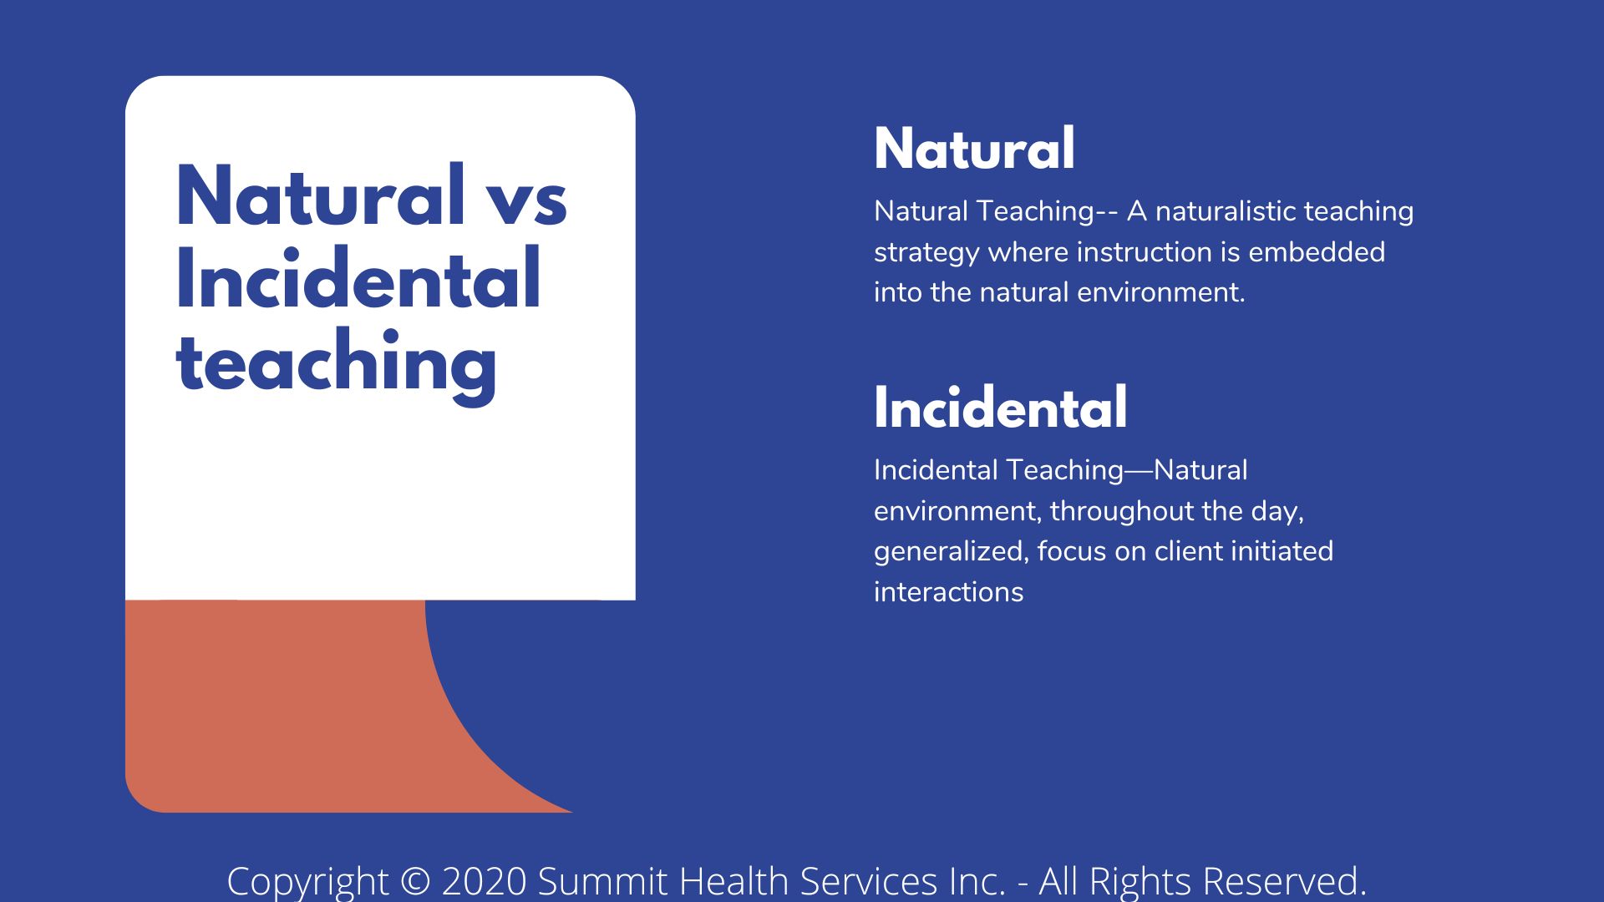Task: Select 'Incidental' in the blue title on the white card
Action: coord(358,279)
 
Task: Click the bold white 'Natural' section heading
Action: coord(974,149)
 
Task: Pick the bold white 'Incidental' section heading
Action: coord(1000,408)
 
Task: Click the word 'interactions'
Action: coord(948,592)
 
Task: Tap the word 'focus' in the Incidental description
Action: coord(1068,551)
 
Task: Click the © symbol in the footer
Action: coord(415,881)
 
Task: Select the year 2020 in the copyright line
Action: coord(485,881)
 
